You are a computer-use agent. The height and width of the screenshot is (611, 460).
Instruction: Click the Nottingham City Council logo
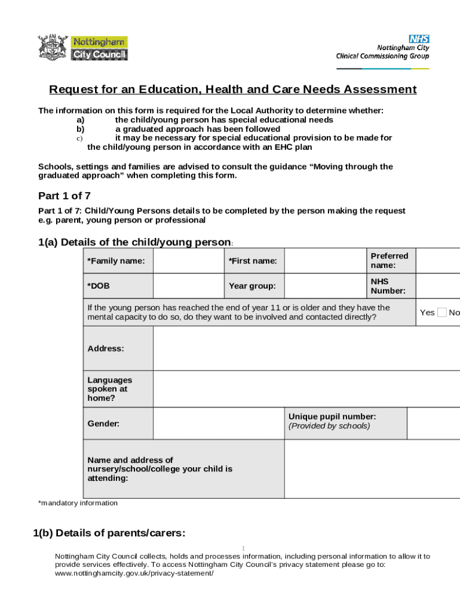(x=82, y=48)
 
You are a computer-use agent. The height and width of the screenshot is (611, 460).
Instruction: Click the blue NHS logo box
(x=419, y=39)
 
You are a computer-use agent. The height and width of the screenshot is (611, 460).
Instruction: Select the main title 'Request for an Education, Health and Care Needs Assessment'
(x=232, y=90)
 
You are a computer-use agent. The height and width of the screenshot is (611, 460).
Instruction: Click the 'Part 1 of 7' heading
(x=65, y=196)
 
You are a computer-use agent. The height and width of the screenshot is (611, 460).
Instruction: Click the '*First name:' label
(x=252, y=261)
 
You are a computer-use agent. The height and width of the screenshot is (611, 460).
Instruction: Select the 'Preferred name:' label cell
(x=389, y=261)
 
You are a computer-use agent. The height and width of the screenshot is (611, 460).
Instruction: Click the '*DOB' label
(x=99, y=286)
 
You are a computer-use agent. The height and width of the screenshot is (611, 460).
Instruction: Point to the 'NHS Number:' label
(x=388, y=286)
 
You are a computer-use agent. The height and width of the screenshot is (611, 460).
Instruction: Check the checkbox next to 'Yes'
(x=441, y=312)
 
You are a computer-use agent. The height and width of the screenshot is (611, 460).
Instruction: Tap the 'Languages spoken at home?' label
(x=110, y=389)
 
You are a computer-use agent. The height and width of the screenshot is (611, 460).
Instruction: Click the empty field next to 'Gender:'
(x=218, y=424)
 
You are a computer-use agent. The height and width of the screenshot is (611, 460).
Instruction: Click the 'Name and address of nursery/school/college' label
(x=160, y=469)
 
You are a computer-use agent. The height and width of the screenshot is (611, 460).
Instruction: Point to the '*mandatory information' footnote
(x=78, y=503)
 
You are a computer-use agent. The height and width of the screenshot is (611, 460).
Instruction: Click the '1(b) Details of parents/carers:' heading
(x=109, y=533)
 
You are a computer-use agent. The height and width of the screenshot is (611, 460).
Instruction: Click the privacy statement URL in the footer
(x=134, y=573)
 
